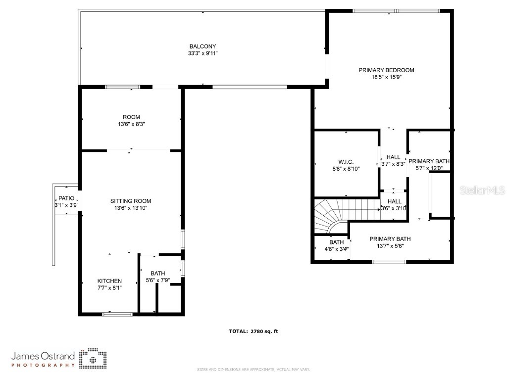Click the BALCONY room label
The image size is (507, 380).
[203, 47]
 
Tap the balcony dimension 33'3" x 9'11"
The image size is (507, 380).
[203, 53]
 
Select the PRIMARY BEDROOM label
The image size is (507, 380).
[386, 70]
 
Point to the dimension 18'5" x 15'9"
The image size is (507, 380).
[386, 77]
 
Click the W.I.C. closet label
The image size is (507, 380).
[346, 162]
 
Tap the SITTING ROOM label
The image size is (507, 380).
[131, 201]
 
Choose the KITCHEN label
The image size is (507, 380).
[109, 281]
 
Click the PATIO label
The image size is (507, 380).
[66, 198]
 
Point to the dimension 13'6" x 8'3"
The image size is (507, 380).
[131, 125]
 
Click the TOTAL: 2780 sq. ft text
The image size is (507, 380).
[253, 332]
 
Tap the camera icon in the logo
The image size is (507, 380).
[93, 359]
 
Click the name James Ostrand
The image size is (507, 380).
[43, 356]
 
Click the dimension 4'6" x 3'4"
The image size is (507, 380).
[337, 249]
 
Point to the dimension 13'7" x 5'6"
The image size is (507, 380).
[390, 246]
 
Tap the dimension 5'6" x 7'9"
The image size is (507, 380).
[157, 281]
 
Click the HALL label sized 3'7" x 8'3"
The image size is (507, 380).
[394, 157]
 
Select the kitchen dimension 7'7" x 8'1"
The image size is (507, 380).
[109, 288]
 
